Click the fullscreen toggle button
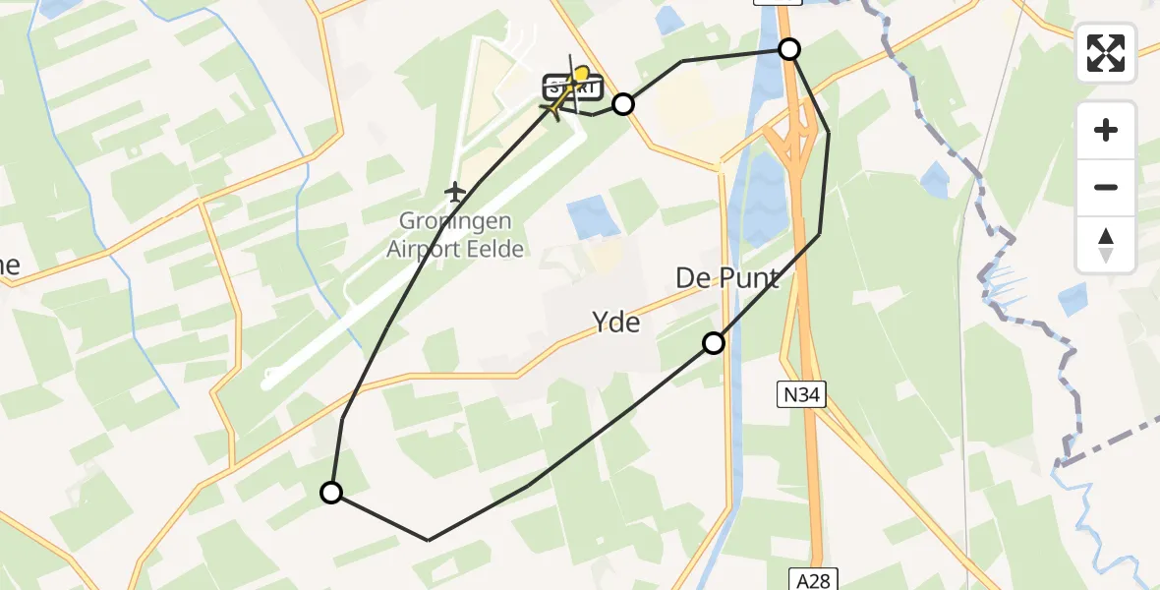click(x=1106, y=53)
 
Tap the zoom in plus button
click(x=1106, y=130)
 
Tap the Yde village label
click(x=616, y=322)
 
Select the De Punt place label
click(x=727, y=278)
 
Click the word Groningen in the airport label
click(x=453, y=220)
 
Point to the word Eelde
click(x=495, y=249)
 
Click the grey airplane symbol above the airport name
click(x=454, y=190)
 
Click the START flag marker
click(x=572, y=88)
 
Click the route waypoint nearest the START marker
click(x=623, y=104)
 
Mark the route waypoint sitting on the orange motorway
click(x=789, y=49)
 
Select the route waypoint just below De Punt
click(x=714, y=343)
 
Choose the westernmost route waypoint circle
click(x=332, y=493)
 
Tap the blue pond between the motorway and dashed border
click(x=935, y=180)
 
